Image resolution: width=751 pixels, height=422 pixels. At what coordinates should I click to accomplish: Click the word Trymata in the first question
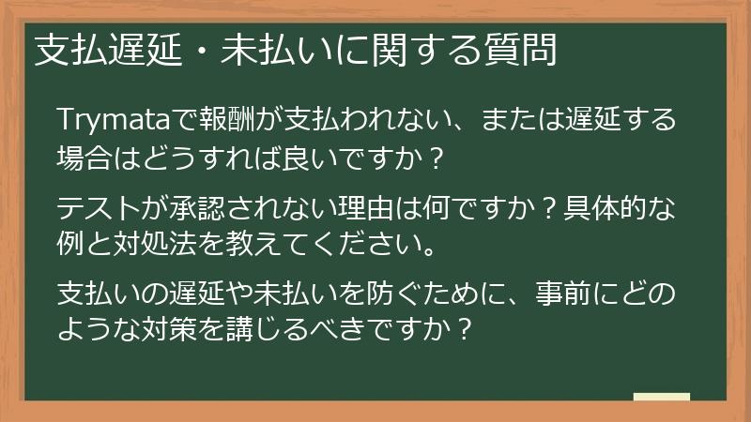tap(112, 123)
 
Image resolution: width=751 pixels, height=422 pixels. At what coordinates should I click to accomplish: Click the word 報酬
tap(222, 123)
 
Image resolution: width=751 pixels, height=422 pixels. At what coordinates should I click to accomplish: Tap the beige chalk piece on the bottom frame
tap(661, 398)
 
